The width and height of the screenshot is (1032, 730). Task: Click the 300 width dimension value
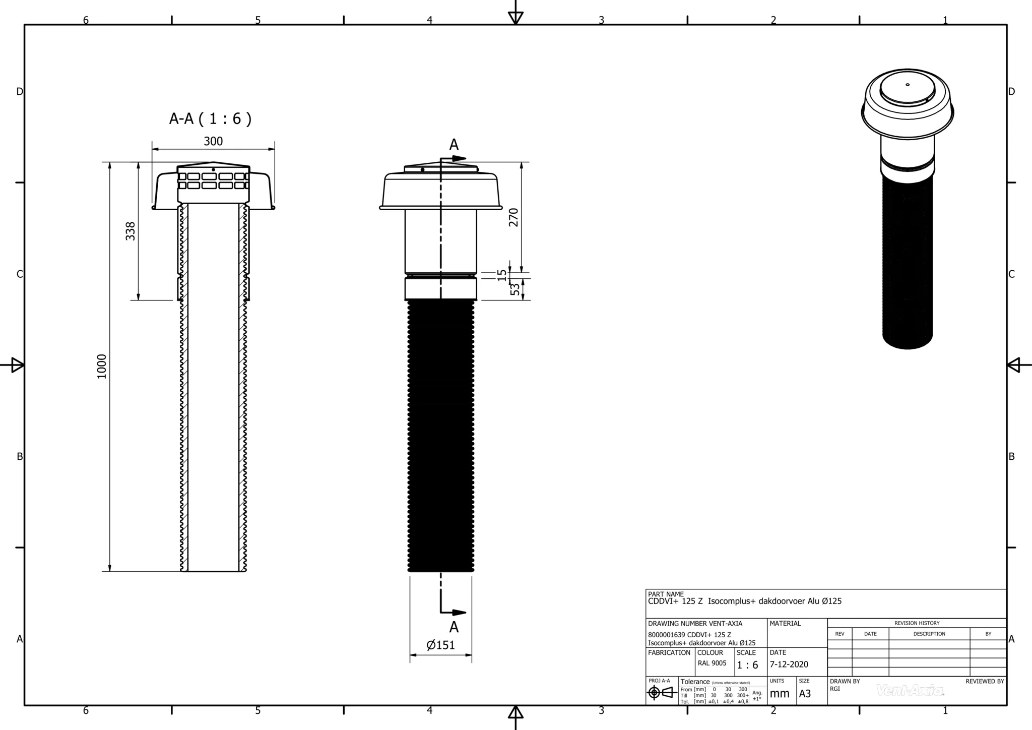coord(213,141)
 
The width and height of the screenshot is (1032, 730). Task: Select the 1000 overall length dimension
coord(102,367)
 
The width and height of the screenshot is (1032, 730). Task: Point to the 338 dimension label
coord(131,231)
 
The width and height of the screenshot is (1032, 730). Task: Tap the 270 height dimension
coord(513,217)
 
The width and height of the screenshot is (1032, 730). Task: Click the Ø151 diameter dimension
coord(441,645)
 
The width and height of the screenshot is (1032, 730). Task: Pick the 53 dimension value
coord(514,289)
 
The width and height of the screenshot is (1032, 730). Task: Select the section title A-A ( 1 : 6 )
coord(210,119)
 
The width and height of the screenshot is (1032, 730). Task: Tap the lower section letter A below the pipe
coord(454,627)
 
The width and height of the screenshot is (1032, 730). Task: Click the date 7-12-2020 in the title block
coord(789,664)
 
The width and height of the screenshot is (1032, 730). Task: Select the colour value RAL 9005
coord(712,663)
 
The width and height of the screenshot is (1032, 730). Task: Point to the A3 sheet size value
coord(805,694)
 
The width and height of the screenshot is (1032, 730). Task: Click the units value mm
coord(780,694)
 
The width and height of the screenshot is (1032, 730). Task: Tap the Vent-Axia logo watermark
coord(910,690)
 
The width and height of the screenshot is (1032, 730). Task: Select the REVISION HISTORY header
coord(917,623)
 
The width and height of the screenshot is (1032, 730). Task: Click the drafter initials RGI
coord(835,689)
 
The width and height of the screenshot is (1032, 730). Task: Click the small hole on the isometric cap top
coord(908,85)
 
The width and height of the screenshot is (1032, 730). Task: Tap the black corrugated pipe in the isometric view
coord(908,262)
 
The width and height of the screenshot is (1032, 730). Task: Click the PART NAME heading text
coord(666,594)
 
